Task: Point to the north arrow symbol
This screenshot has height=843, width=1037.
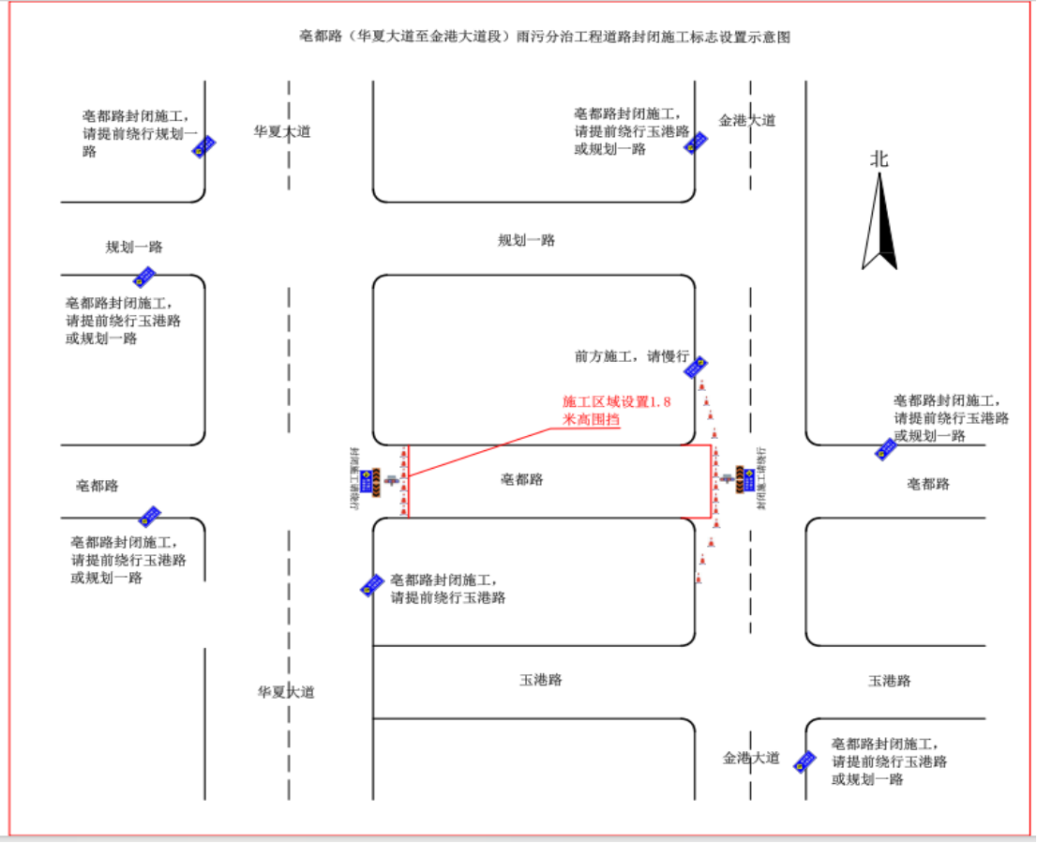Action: click(879, 224)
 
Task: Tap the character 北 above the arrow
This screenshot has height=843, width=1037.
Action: click(879, 159)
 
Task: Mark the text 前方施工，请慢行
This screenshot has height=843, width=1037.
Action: click(631, 356)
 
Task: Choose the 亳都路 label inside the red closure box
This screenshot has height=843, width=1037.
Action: click(521, 479)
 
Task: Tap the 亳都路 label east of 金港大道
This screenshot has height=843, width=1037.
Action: click(927, 484)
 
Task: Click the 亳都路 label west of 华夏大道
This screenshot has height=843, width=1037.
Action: click(98, 486)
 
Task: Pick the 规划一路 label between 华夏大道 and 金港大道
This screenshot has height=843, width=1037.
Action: click(526, 240)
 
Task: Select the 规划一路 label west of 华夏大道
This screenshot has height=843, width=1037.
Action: click(134, 248)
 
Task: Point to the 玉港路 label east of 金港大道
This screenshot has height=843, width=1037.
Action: click(889, 681)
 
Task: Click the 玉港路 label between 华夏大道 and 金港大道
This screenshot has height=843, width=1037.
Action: click(541, 680)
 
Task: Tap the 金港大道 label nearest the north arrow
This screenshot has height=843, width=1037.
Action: click(747, 120)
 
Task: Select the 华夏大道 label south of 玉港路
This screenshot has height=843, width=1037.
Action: click(286, 692)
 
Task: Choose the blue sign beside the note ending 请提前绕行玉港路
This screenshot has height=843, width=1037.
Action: click(372, 586)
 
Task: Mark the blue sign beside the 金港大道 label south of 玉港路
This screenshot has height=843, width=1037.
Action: click(804, 760)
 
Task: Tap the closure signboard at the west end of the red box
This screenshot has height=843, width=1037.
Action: click(376, 480)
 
